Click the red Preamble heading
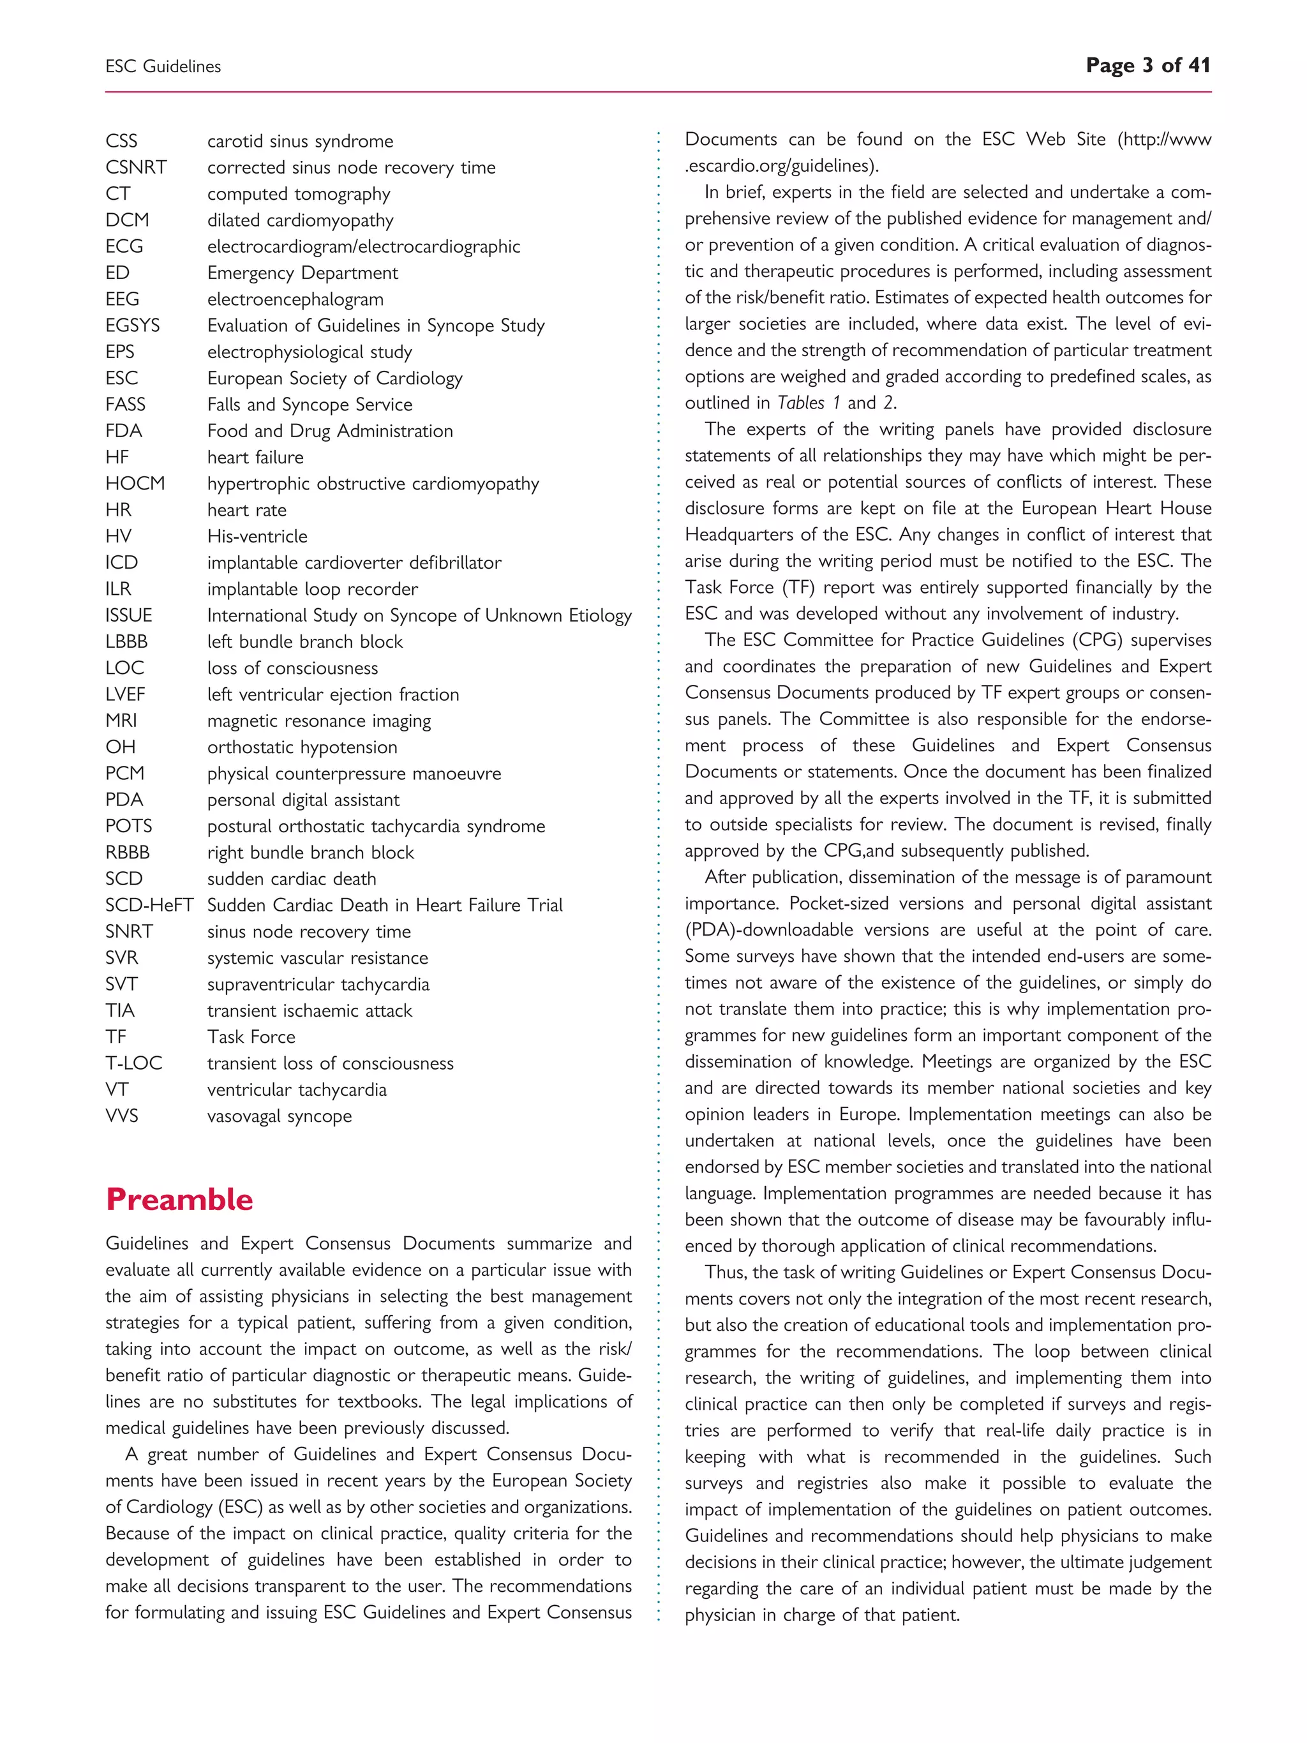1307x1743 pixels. [179, 1199]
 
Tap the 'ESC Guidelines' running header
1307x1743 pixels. [163, 67]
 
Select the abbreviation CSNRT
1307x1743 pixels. [137, 168]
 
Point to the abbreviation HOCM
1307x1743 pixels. [135, 484]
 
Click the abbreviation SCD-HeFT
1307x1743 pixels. [149, 906]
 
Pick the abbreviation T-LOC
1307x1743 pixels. [134, 1063]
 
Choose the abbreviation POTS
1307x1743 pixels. [129, 826]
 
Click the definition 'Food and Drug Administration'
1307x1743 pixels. [330, 431]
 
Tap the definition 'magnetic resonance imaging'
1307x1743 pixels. [319, 721]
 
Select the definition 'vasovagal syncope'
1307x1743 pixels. [280, 1116]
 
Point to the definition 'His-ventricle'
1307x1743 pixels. [258, 537]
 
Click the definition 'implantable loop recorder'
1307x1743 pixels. [313, 590]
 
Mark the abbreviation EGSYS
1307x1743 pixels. [132, 325]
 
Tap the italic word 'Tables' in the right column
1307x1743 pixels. [800, 403]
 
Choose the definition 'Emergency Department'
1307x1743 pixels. [302, 273]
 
